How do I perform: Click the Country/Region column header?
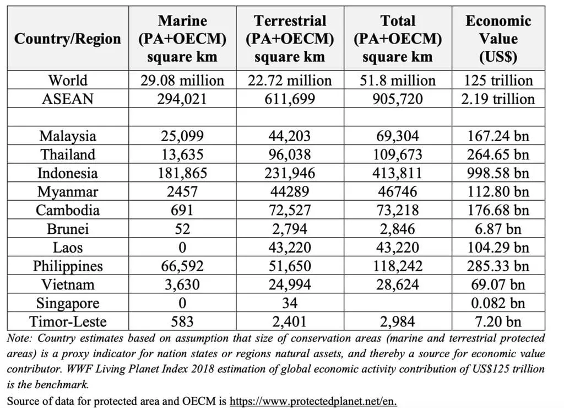pos(67,39)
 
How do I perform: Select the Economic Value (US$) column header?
pos(498,39)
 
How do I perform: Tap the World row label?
pos(67,80)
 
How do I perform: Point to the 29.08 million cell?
pos(182,80)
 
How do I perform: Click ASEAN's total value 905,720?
pos(398,99)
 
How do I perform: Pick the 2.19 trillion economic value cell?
pos(498,99)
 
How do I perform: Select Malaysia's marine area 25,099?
pos(182,136)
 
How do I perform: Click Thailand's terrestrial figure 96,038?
pos(290,154)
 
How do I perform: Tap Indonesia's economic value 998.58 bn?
pos(498,173)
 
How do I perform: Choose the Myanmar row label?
pos(67,192)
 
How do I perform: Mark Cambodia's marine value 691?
pos(182,211)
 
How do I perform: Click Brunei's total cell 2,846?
pos(398,229)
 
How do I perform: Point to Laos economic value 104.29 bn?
pos(498,248)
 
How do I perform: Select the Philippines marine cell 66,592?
pos(182,266)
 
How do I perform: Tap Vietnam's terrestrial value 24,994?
pos(290,284)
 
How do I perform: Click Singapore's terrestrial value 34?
pos(290,303)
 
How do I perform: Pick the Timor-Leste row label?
pos(67,322)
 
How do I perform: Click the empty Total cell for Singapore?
pos(398,303)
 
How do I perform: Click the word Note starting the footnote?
pos(19,338)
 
